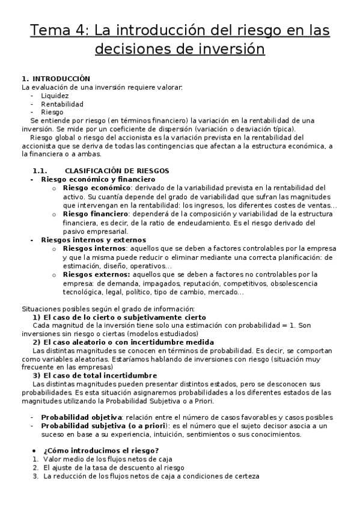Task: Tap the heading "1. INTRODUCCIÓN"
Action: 55,79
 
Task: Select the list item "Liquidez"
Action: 55,96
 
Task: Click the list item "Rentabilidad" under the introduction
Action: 62,104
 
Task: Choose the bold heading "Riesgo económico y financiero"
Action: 98,179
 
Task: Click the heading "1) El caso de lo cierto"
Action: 119,317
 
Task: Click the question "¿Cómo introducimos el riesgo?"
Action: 96,451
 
